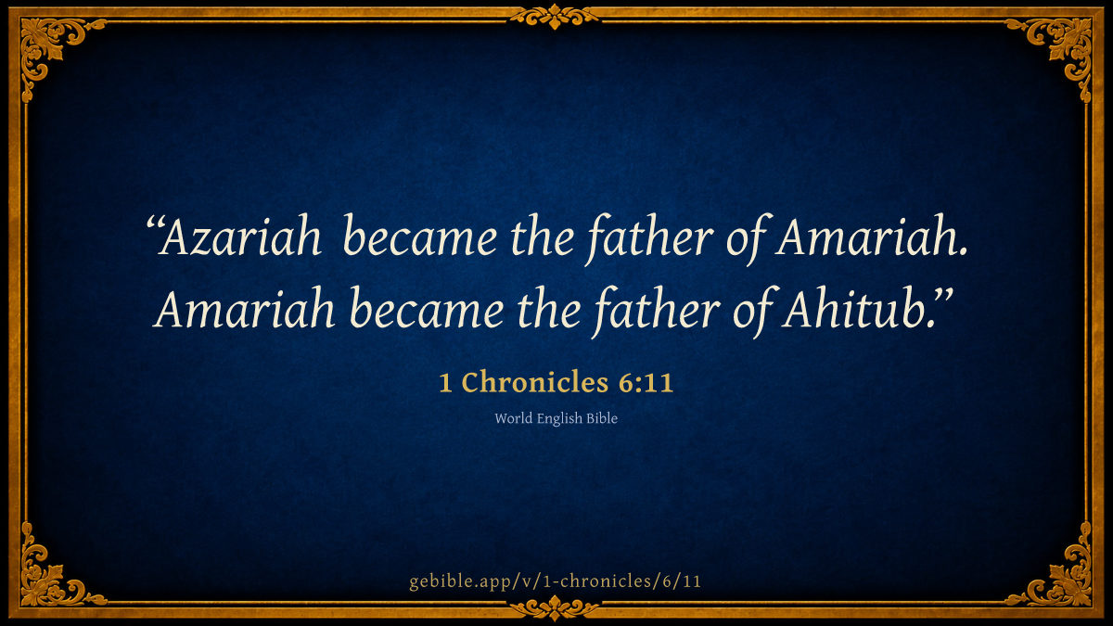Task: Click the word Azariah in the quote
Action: [240, 236]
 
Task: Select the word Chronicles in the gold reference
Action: [535, 382]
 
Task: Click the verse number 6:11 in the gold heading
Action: [646, 382]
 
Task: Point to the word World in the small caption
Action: [513, 418]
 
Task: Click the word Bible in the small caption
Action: [602, 418]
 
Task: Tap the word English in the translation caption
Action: [559, 419]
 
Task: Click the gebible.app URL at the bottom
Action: [555, 581]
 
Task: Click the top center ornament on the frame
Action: [555, 17]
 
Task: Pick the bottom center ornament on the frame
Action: [555, 607]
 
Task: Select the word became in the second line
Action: [427, 308]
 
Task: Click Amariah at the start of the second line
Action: [243, 308]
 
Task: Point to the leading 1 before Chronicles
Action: [445, 383]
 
